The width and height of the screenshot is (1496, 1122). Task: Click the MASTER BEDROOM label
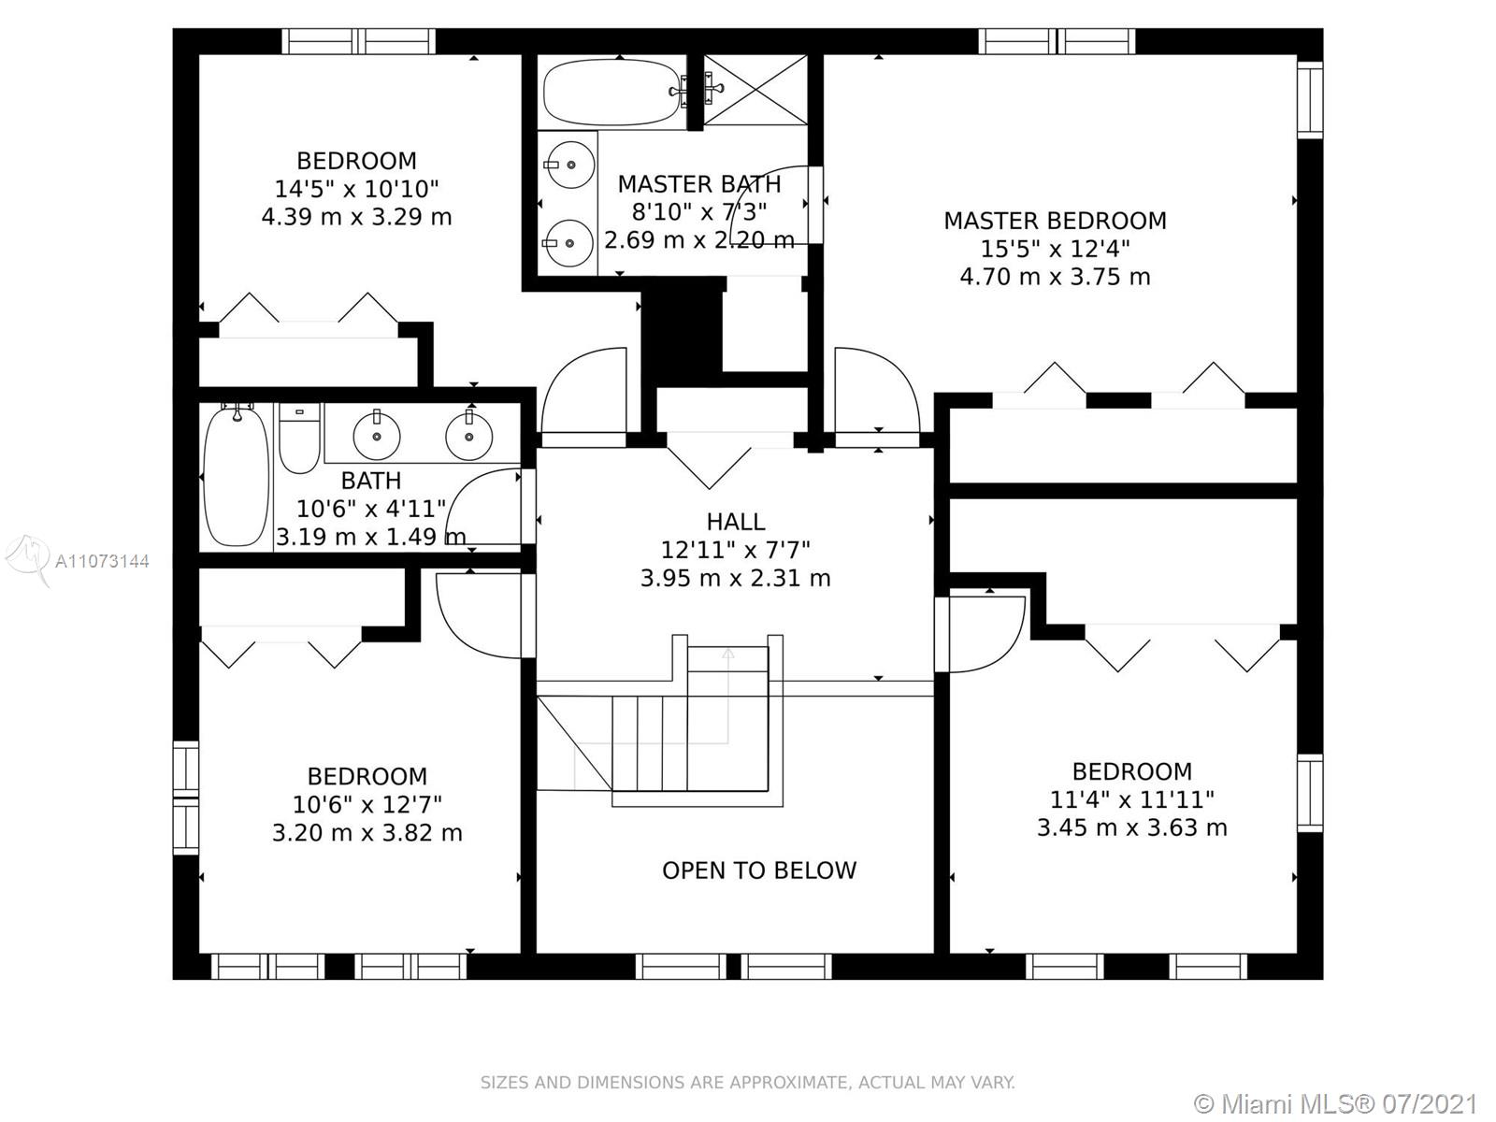click(1055, 221)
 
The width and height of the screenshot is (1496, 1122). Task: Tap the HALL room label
click(736, 522)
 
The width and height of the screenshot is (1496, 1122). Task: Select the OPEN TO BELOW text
click(759, 870)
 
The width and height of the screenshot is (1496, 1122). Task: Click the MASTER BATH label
click(699, 184)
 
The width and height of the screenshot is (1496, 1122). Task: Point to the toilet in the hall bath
click(299, 438)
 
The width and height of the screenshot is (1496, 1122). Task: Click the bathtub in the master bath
click(613, 92)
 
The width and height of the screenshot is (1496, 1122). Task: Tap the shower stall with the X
click(755, 90)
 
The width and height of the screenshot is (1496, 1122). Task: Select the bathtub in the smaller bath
click(236, 475)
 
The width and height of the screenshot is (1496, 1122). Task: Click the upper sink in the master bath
click(569, 165)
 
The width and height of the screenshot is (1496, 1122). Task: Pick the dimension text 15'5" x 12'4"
click(1055, 249)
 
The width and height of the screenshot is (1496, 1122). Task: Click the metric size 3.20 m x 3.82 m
click(367, 832)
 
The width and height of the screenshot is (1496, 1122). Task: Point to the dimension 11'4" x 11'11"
click(1132, 799)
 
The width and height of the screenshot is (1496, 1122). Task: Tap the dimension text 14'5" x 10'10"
click(356, 189)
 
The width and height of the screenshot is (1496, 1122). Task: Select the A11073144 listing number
click(102, 561)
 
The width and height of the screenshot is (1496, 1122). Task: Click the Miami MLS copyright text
click(1336, 1103)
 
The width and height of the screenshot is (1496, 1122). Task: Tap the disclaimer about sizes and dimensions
click(748, 1082)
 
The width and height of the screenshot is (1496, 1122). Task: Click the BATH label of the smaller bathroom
click(371, 481)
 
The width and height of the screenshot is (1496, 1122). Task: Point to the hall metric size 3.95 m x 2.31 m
click(736, 579)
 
